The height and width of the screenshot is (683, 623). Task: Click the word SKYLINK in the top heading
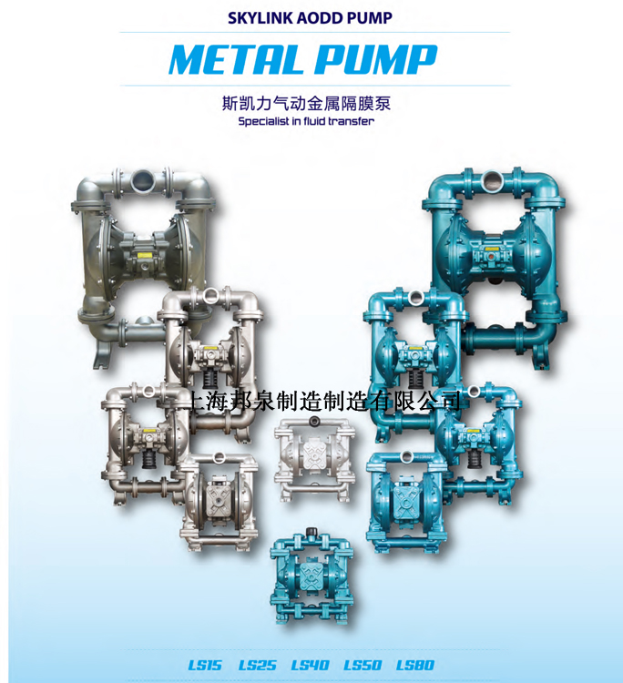point(260,18)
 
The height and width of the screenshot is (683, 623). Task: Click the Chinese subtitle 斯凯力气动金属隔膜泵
point(306,104)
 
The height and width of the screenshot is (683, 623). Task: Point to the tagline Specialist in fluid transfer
point(306,121)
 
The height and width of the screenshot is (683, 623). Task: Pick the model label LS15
point(205,665)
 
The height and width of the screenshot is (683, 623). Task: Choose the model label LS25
point(257,665)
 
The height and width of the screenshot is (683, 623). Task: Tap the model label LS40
point(310,665)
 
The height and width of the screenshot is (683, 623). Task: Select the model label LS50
point(363,665)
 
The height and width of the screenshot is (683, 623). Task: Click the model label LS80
point(415,665)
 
